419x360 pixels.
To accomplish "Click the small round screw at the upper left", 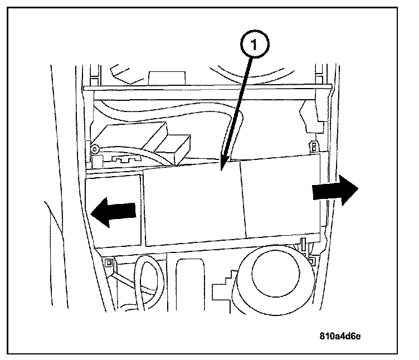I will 96,149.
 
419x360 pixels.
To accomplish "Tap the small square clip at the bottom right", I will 311,261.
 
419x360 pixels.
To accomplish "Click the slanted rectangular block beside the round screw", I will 134,137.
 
